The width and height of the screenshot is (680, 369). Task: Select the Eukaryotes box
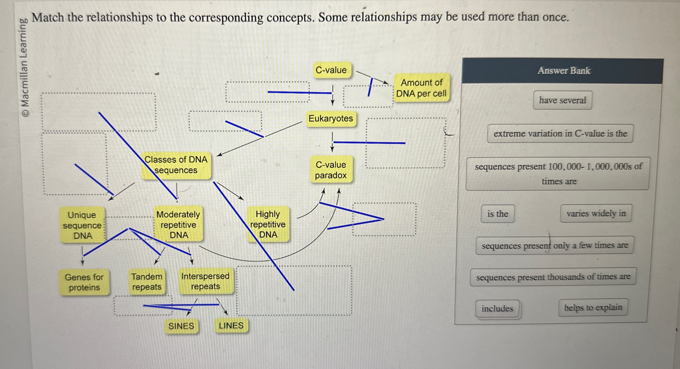330,119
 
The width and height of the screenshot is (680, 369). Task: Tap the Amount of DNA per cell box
421,88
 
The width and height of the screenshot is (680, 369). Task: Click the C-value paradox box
331,170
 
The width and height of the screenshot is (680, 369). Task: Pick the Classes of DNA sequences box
176,165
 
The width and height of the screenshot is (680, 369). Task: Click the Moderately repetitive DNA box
178,224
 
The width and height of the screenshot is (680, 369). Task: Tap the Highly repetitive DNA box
268,224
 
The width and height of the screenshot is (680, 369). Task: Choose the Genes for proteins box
84,282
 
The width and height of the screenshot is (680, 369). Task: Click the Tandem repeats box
147,282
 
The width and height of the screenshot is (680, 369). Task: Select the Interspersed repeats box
205,281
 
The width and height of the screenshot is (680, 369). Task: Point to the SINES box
181,326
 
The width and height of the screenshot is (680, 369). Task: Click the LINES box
231,325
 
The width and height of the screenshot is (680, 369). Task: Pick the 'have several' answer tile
562,100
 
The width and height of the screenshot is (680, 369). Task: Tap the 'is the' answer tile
497,214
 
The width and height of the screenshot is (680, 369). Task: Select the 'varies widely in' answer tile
596,213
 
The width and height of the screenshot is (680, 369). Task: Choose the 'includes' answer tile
497,308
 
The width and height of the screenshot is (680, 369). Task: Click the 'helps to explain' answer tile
593,308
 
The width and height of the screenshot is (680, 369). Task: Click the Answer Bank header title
563,71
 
